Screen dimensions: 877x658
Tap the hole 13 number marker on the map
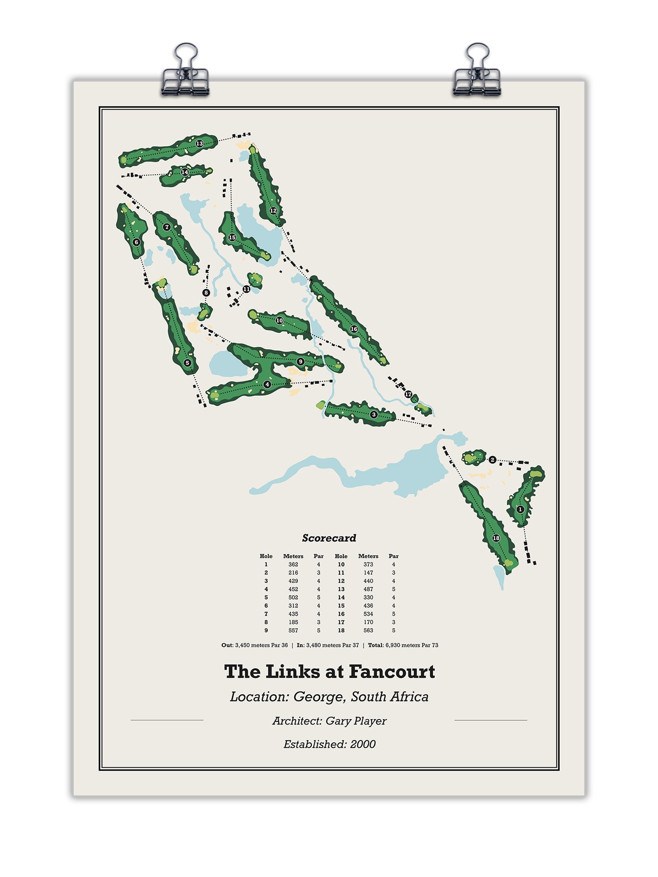[199, 144]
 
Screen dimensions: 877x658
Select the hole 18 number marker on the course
[496, 538]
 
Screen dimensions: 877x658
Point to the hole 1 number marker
[520, 509]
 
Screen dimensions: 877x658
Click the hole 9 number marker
[300, 362]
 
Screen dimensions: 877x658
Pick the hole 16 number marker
[354, 329]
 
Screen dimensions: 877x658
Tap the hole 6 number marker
[136, 242]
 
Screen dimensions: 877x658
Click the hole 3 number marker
[373, 415]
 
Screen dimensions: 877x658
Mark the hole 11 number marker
[246, 289]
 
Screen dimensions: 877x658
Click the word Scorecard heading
[329, 538]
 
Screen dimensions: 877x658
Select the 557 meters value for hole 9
[293, 630]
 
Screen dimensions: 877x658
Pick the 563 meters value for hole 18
[368, 630]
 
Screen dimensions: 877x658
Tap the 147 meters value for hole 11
[368, 573]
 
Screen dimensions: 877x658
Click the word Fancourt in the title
[392, 672]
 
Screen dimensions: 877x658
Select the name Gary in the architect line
[337, 721]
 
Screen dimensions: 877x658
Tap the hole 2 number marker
[492, 460]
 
